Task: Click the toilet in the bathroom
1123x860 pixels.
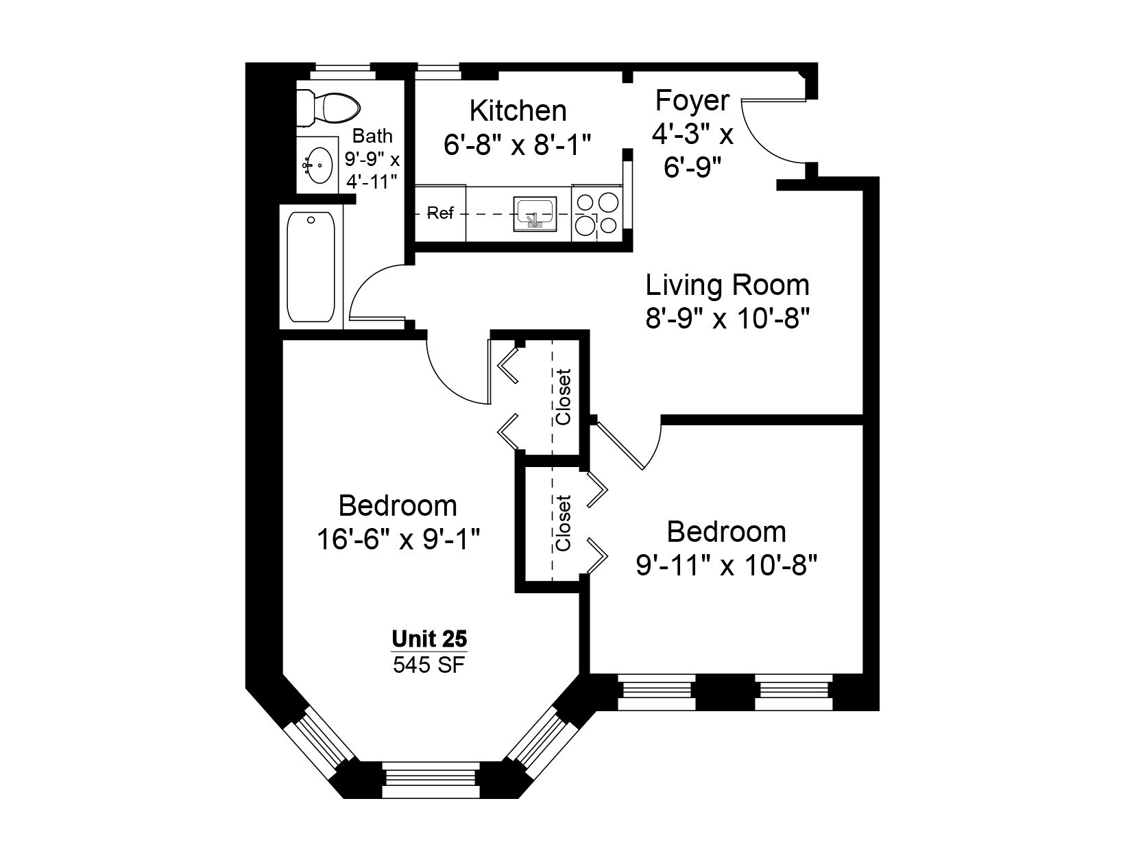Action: tap(328, 108)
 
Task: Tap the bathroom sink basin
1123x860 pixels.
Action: tap(318, 165)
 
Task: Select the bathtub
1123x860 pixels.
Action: tap(311, 267)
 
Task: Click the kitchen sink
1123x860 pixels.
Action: tap(535, 213)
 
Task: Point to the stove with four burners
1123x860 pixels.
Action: tap(597, 214)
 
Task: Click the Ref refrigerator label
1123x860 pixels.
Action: tap(439, 213)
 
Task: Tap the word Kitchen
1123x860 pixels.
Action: tap(518, 110)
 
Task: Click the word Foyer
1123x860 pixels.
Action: tap(692, 100)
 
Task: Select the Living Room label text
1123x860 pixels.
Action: tap(727, 285)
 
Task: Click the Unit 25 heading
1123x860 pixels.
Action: tap(429, 638)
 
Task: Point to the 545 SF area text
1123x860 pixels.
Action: tap(429, 665)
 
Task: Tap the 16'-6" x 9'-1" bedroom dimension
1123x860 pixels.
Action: tap(398, 540)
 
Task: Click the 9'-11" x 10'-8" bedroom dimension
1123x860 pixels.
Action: tap(727, 565)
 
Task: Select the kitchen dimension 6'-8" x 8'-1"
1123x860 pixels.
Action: tap(518, 145)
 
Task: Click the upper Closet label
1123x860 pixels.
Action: tap(563, 397)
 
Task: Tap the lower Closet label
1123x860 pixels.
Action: tap(563, 523)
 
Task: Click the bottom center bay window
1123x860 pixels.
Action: tap(431, 780)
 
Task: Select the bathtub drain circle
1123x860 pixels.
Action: tap(311, 220)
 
